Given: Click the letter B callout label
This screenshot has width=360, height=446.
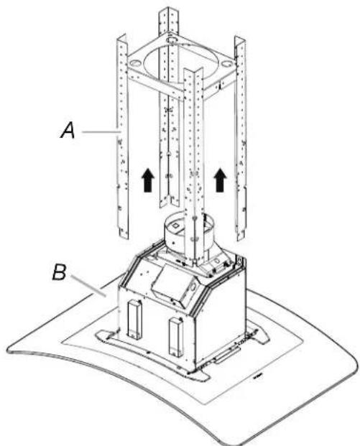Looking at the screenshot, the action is (x=59, y=272).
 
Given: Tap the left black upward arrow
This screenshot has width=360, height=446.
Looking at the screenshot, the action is (x=148, y=180).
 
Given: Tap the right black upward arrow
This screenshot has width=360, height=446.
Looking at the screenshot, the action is (x=220, y=180).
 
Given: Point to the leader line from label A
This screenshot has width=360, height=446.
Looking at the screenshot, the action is (x=101, y=131).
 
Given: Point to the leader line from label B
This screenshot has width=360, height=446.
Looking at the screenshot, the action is (x=88, y=286).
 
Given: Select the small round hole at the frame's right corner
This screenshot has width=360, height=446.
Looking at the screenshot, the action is (x=226, y=64).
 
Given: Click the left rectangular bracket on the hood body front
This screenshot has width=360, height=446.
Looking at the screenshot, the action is (x=134, y=319).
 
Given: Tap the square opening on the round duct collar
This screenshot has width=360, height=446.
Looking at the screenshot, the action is (x=174, y=226).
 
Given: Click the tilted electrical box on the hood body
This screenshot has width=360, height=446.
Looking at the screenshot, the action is (x=175, y=287).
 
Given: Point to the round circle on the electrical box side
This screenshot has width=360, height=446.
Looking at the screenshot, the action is (x=193, y=287).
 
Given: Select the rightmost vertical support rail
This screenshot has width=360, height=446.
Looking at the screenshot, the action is (x=240, y=137).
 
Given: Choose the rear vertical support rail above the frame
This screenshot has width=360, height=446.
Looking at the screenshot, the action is (x=168, y=22).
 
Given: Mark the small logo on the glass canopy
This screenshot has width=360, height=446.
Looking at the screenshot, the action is (x=257, y=378).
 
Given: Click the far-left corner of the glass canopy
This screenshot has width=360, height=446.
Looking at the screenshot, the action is (x=9, y=348).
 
